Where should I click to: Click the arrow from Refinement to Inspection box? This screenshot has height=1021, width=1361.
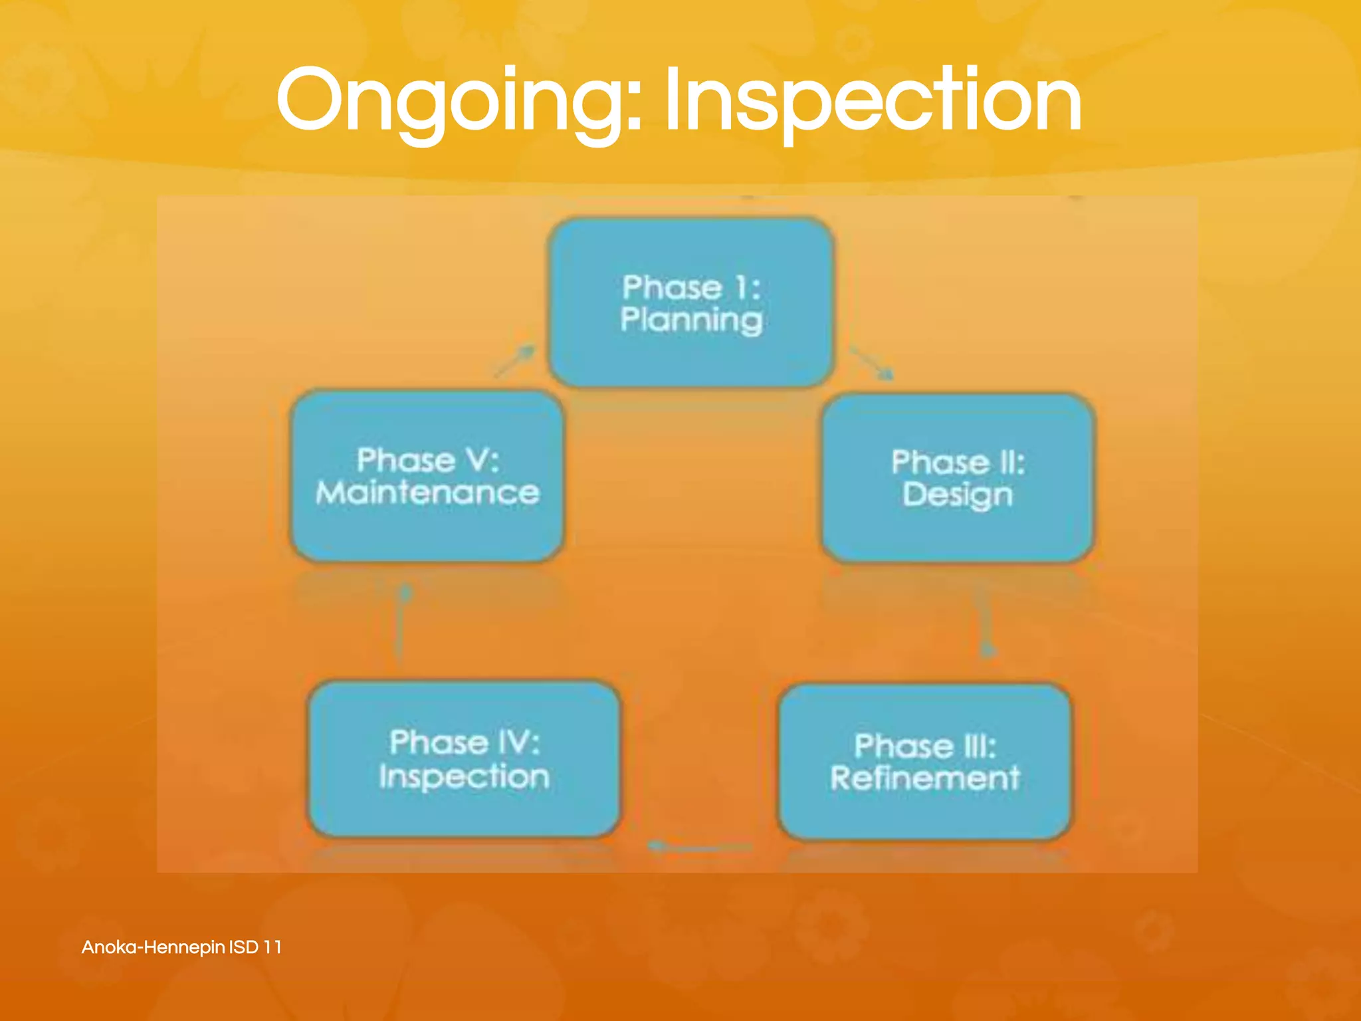pos(698,847)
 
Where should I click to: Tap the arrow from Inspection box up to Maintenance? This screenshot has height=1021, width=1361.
pos(401,622)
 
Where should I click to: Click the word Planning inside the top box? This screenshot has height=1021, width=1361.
pos(691,320)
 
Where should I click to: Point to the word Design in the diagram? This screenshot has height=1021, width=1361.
pos(958,495)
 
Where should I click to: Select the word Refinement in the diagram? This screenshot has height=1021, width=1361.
pos(924,778)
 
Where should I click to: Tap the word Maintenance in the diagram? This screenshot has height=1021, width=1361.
pos(427,493)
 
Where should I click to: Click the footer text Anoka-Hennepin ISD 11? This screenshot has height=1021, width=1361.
pos(181,947)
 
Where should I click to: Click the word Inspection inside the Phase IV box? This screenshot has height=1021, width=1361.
pos(464,776)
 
